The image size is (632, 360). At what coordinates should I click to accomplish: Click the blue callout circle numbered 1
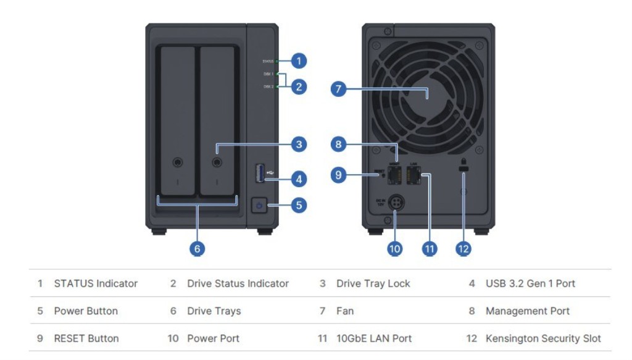(x=299, y=61)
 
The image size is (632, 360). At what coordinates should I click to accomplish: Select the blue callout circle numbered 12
(x=463, y=248)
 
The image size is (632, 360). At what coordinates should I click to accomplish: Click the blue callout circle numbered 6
(x=197, y=248)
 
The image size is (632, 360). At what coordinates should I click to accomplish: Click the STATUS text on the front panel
(x=268, y=62)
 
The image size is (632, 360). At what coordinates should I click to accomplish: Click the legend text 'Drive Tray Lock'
(x=373, y=284)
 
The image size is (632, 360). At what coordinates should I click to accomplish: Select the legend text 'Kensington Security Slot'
(x=543, y=338)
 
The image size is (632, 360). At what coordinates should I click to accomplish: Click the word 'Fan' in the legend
(x=345, y=311)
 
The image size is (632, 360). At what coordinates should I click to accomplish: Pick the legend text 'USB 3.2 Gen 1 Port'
(x=530, y=284)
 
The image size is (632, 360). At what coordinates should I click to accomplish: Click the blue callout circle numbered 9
(x=338, y=175)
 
